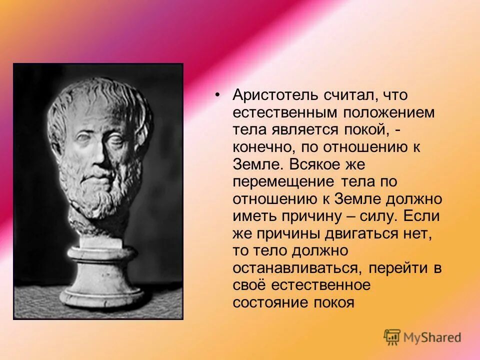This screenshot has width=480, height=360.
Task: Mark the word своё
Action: pos(250,285)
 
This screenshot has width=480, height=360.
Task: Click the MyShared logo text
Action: pos(430,337)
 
